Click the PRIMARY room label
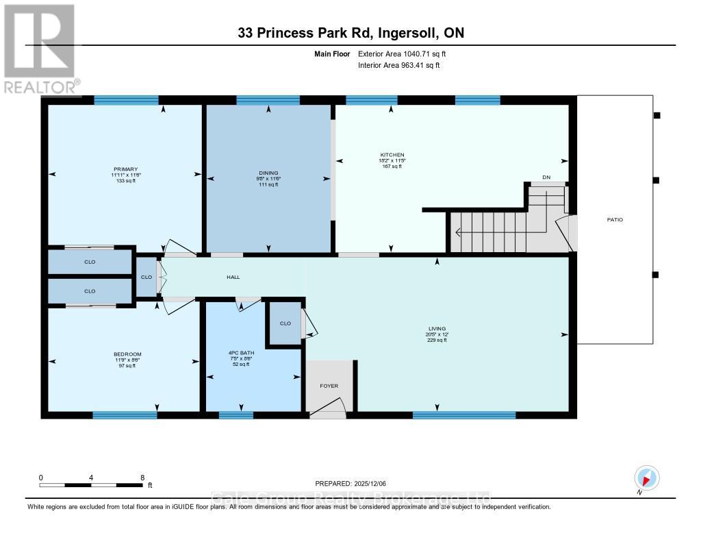126,169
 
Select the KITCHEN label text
393,155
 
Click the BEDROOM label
127,354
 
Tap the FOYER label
329,386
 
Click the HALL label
233,277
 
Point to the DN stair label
546,177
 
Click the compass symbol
646,478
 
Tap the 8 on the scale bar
142,478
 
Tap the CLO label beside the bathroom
285,323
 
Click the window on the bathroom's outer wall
235,415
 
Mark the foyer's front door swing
329,409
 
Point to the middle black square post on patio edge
657,180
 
